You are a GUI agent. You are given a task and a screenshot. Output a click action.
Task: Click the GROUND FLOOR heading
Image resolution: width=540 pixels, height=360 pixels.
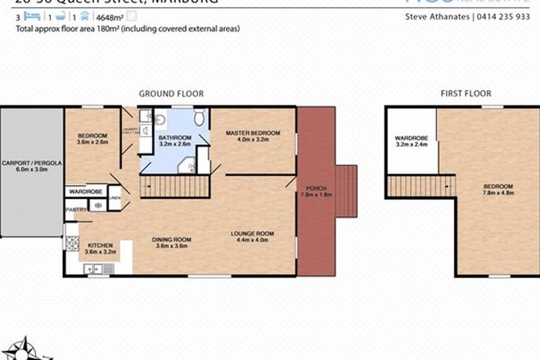tap(171, 93)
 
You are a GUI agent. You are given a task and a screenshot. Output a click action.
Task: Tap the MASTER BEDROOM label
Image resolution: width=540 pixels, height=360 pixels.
tap(253, 133)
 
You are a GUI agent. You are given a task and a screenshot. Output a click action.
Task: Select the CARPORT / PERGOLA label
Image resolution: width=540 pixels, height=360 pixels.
tap(30, 163)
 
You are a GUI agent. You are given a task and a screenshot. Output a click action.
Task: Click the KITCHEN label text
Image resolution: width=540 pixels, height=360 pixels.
tap(100, 245)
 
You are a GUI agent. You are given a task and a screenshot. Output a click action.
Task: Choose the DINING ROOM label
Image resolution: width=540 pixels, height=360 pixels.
tap(172, 240)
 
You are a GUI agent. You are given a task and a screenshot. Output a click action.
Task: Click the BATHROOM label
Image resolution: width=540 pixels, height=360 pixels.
tap(174, 137)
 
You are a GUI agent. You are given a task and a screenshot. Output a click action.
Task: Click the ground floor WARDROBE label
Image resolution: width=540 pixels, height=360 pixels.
tap(84, 192)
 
